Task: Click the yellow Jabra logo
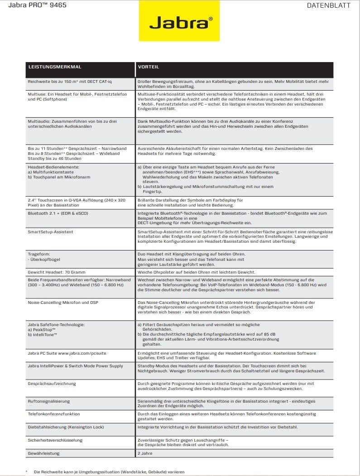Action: [179, 21]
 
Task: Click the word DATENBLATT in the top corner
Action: [335, 6]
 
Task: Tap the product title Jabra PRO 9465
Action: [34, 6]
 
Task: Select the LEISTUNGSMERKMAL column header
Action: [55, 67]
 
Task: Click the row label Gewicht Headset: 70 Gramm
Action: [56, 272]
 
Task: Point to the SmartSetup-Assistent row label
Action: [50, 232]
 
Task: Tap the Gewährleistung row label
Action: [43, 453]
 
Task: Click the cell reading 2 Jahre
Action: [145, 453]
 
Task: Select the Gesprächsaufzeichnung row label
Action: [52, 384]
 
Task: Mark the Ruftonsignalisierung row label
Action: [49, 401]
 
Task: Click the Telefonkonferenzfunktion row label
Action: [54, 414]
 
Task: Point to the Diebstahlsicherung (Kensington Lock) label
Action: [66, 427]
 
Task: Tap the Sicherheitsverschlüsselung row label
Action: [55, 440]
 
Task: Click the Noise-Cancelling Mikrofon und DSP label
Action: [62, 303]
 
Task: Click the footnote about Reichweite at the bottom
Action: [109, 471]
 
